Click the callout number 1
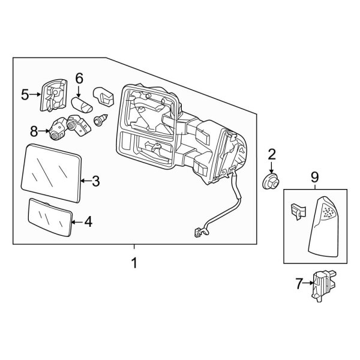[x=134, y=263]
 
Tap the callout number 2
[x=271, y=155]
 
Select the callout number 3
[x=95, y=179]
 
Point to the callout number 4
[x=88, y=222]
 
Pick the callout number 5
[x=25, y=94]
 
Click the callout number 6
[x=79, y=77]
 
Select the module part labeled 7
[x=323, y=283]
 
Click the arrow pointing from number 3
[x=84, y=179]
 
